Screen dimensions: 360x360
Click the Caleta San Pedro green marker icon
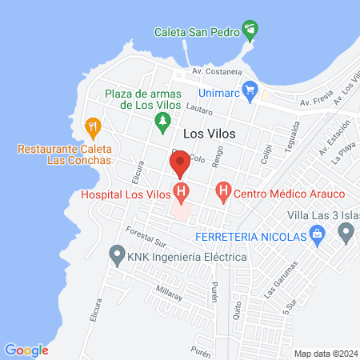(x=251, y=32)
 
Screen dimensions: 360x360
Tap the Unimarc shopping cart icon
(x=250, y=89)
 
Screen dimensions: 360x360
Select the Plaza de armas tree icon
(x=162, y=121)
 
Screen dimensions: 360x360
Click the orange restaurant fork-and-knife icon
(x=93, y=126)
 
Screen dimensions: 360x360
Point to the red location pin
(x=180, y=163)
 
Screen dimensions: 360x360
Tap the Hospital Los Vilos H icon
(x=182, y=193)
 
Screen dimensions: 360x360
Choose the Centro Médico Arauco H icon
(x=224, y=192)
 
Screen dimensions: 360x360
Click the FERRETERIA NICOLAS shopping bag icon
(x=318, y=235)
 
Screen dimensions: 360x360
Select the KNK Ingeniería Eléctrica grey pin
(x=117, y=257)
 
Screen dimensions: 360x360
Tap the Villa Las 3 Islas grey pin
(x=346, y=233)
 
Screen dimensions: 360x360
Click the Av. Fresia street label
(x=315, y=102)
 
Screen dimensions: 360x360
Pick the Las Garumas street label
(x=281, y=276)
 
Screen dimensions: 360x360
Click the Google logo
(x=26, y=350)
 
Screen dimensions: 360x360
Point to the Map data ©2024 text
(x=325, y=354)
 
